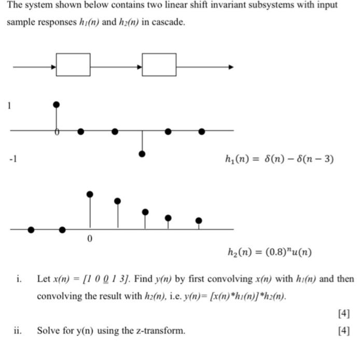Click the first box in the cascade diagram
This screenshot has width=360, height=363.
[x=73, y=64]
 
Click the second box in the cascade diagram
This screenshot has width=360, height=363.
[x=159, y=64]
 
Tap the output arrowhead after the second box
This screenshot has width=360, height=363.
[x=231, y=67]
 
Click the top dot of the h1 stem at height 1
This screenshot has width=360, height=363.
[x=57, y=105]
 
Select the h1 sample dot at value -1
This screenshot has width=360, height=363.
[x=142, y=154]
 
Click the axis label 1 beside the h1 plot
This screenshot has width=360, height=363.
[x=9, y=106]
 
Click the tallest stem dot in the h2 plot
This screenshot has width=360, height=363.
[x=90, y=194]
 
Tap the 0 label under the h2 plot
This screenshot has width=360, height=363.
[x=90, y=240]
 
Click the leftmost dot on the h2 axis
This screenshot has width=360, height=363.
[x=31, y=229]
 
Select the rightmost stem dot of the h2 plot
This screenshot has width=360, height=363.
[x=199, y=220]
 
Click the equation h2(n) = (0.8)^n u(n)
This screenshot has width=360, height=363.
[x=269, y=253]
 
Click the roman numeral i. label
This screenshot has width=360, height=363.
[x=19, y=279]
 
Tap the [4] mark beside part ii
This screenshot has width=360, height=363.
[x=343, y=330]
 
